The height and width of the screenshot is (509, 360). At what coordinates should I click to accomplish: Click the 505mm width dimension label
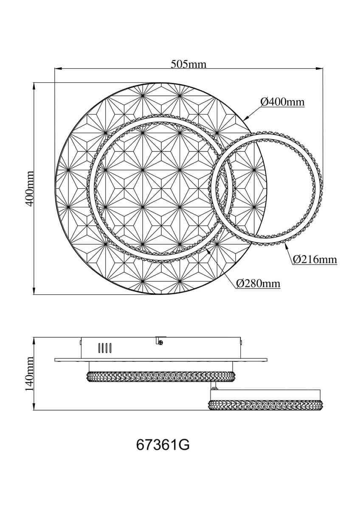click(188, 64)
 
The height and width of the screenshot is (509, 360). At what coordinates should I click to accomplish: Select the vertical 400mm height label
click(30, 189)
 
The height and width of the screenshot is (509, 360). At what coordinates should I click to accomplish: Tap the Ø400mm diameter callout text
click(282, 102)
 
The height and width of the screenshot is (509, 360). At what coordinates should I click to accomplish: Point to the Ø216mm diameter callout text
click(315, 259)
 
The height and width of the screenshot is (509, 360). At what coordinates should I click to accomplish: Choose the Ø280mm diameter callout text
click(258, 283)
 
